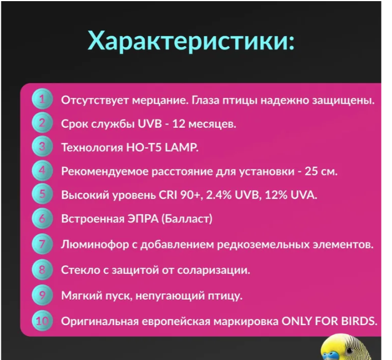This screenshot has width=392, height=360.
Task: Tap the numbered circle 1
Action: click(x=42, y=100)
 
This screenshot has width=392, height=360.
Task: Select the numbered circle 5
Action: click(x=42, y=195)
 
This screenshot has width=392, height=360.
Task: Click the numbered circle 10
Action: click(x=42, y=321)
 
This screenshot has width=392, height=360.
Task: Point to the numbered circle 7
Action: click(x=42, y=245)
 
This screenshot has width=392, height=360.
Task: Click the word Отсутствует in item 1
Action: click(x=88, y=101)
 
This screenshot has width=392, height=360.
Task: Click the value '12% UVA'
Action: click(x=292, y=195)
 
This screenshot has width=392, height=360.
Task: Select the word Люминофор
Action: click(x=90, y=245)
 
